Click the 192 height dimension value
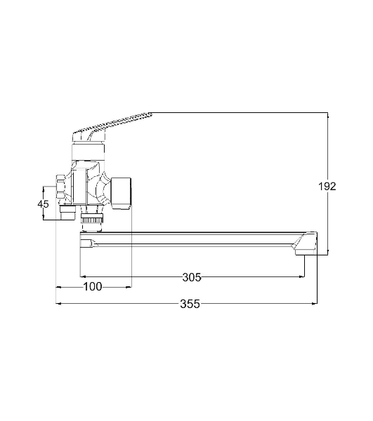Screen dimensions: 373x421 tap(327, 187)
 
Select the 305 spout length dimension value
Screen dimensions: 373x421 tap(192, 277)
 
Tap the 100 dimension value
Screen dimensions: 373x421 tap(93, 287)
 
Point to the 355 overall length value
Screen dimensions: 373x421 tap(190, 304)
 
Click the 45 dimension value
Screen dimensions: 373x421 tap(43, 204)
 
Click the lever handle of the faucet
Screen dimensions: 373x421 tap(112, 126)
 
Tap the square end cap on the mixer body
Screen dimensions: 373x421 tap(122, 193)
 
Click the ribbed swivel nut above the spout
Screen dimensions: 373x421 tap(91, 220)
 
